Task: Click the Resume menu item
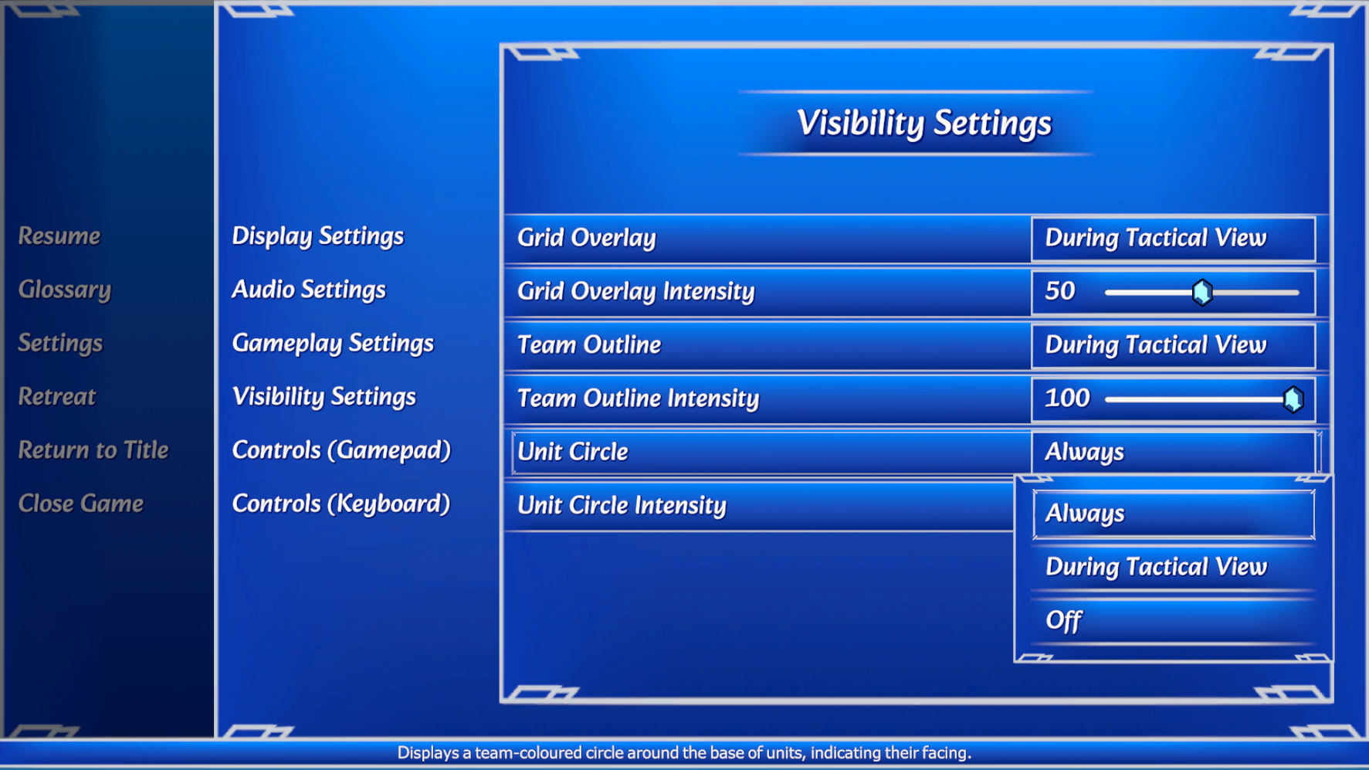click(59, 236)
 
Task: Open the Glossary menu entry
click(65, 290)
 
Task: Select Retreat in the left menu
click(57, 396)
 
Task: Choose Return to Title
click(93, 449)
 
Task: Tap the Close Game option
click(81, 504)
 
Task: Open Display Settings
click(318, 236)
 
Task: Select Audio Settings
click(309, 290)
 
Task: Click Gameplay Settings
click(333, 344)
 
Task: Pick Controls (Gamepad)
click(341, 450)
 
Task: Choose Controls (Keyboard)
click(341, 504)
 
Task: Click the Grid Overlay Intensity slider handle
click(1202, 292)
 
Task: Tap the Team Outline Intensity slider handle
click(1293, 399)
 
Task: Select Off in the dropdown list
click(1063, 620)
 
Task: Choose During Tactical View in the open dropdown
click(1156, 568)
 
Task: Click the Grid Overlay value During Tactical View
click(1156, 238)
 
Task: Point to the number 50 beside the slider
click(1060, 290)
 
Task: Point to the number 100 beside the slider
click(1067, 398)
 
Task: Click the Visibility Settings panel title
click(924, 124)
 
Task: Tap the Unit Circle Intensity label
click(622, 506)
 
